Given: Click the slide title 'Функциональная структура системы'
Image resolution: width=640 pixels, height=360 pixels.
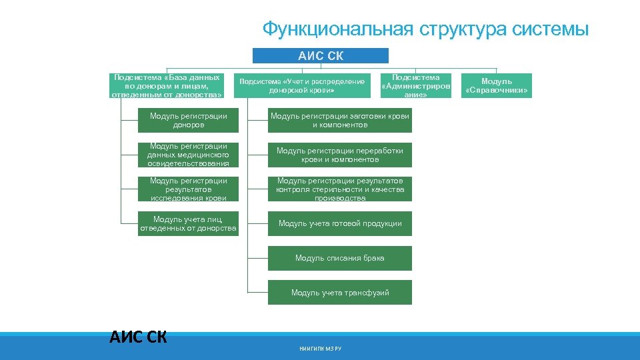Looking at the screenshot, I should pyautogui.click(x=425, y=29).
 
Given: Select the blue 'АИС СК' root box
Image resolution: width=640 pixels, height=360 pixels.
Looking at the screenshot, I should pyautogui.click(x=321, y=56).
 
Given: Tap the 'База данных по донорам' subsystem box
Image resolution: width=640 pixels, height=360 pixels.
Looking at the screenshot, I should pyautogui.click(x=167, y=86).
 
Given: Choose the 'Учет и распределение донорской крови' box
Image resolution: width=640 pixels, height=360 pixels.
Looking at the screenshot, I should pyautogui.click(x=302, y=86).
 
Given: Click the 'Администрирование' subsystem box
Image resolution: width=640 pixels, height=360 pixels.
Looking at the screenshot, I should pyautogui.click(x=415, y=86).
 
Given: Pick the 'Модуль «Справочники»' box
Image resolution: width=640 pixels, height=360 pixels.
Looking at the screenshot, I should pyautogui.click(x=497, y=86).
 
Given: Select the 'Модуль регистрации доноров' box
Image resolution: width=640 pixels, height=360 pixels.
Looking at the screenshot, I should pyautogui.click(x=189, y=121).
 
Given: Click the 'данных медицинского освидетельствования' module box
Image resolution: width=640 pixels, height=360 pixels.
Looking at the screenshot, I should pyautogui.click(x=189, y=155).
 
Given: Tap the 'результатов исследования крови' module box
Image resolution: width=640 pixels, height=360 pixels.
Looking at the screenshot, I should pyautogui.click(x=189, y=189).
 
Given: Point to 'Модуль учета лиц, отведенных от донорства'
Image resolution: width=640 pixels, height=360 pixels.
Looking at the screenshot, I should pyautogui.click(x=189, y=224).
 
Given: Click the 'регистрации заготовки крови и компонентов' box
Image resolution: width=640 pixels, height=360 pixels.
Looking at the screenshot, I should pyautogui.click(x=340, y=121).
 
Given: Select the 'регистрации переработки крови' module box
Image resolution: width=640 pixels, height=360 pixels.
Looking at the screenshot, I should pyautogui.click(x=340, y=155).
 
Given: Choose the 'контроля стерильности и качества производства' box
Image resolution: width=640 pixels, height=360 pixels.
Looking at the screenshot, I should pyautogui.click(x=340, y=189).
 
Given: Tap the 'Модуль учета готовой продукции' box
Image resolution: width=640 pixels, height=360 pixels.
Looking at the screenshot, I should pyautogui.click(x=340, y=223).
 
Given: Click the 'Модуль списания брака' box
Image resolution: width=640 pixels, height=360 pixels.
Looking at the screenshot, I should pyautogui.click(x=340, y=258).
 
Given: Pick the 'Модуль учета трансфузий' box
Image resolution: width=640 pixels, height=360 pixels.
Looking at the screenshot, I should pyautogui.click(x=340, y=293).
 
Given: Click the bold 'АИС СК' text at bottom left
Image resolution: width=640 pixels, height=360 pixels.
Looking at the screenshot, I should pyautogui.click(x=138, y=337).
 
